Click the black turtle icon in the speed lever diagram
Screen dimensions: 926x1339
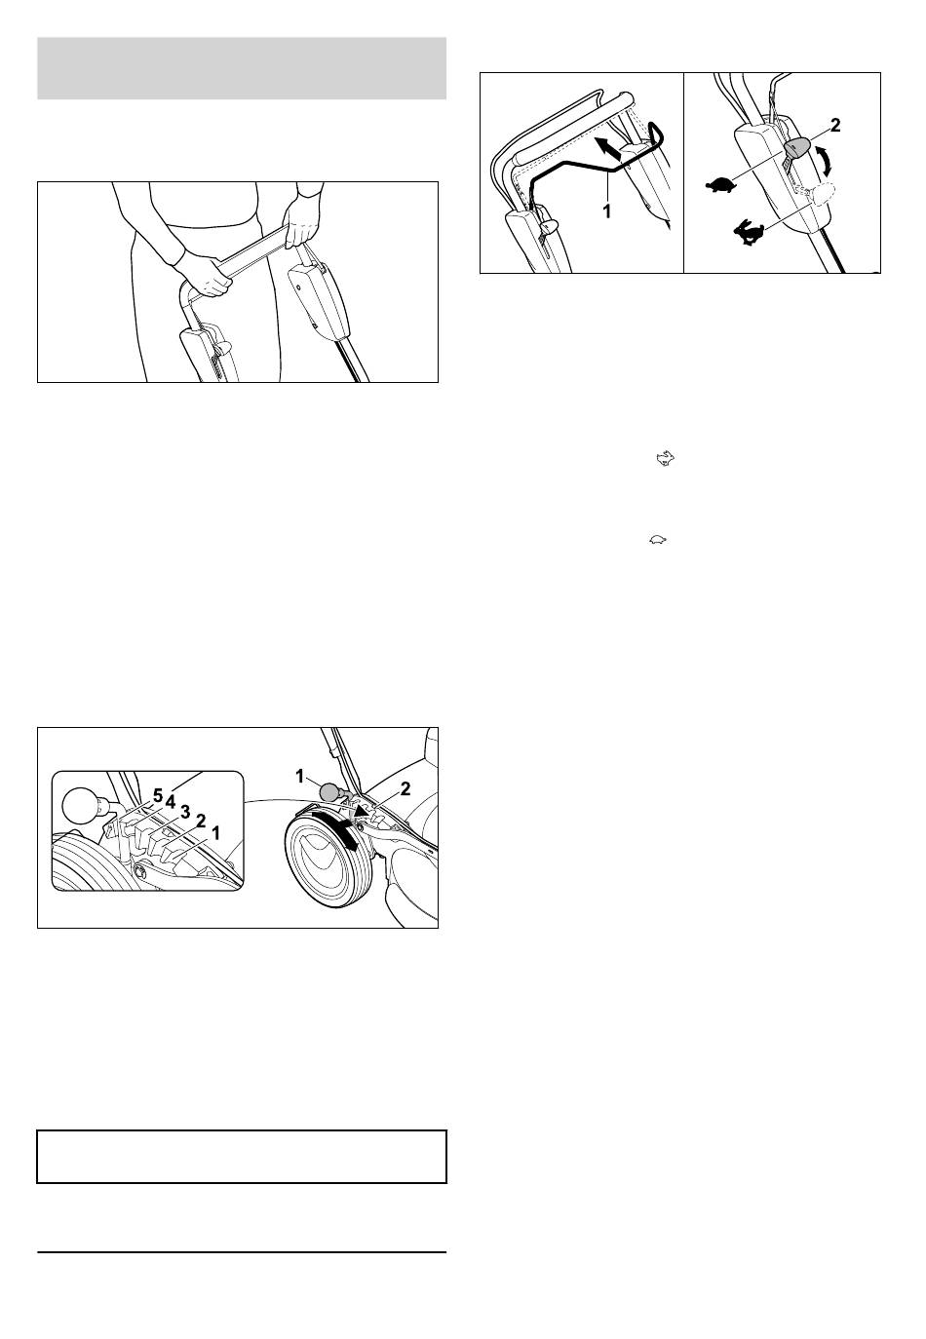point(720,185)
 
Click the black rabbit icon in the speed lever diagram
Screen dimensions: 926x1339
point(749,232)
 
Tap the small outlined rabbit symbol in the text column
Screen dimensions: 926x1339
point(666,459)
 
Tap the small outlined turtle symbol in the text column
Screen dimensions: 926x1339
point(658,540)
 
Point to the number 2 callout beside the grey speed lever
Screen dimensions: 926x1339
point(835,125)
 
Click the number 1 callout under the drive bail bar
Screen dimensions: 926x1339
point(606,211)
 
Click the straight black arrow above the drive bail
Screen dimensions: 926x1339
point(610,148)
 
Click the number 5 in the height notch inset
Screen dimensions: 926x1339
point(158,795)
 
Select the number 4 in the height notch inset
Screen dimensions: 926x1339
point(171,803)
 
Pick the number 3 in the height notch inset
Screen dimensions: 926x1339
point(185,812)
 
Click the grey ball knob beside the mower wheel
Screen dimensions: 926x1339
point(329,792)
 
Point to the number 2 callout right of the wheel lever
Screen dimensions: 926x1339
point(405,789)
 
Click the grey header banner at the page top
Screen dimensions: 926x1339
point(242,68)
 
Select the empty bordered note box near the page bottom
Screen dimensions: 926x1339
point(242,1157)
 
